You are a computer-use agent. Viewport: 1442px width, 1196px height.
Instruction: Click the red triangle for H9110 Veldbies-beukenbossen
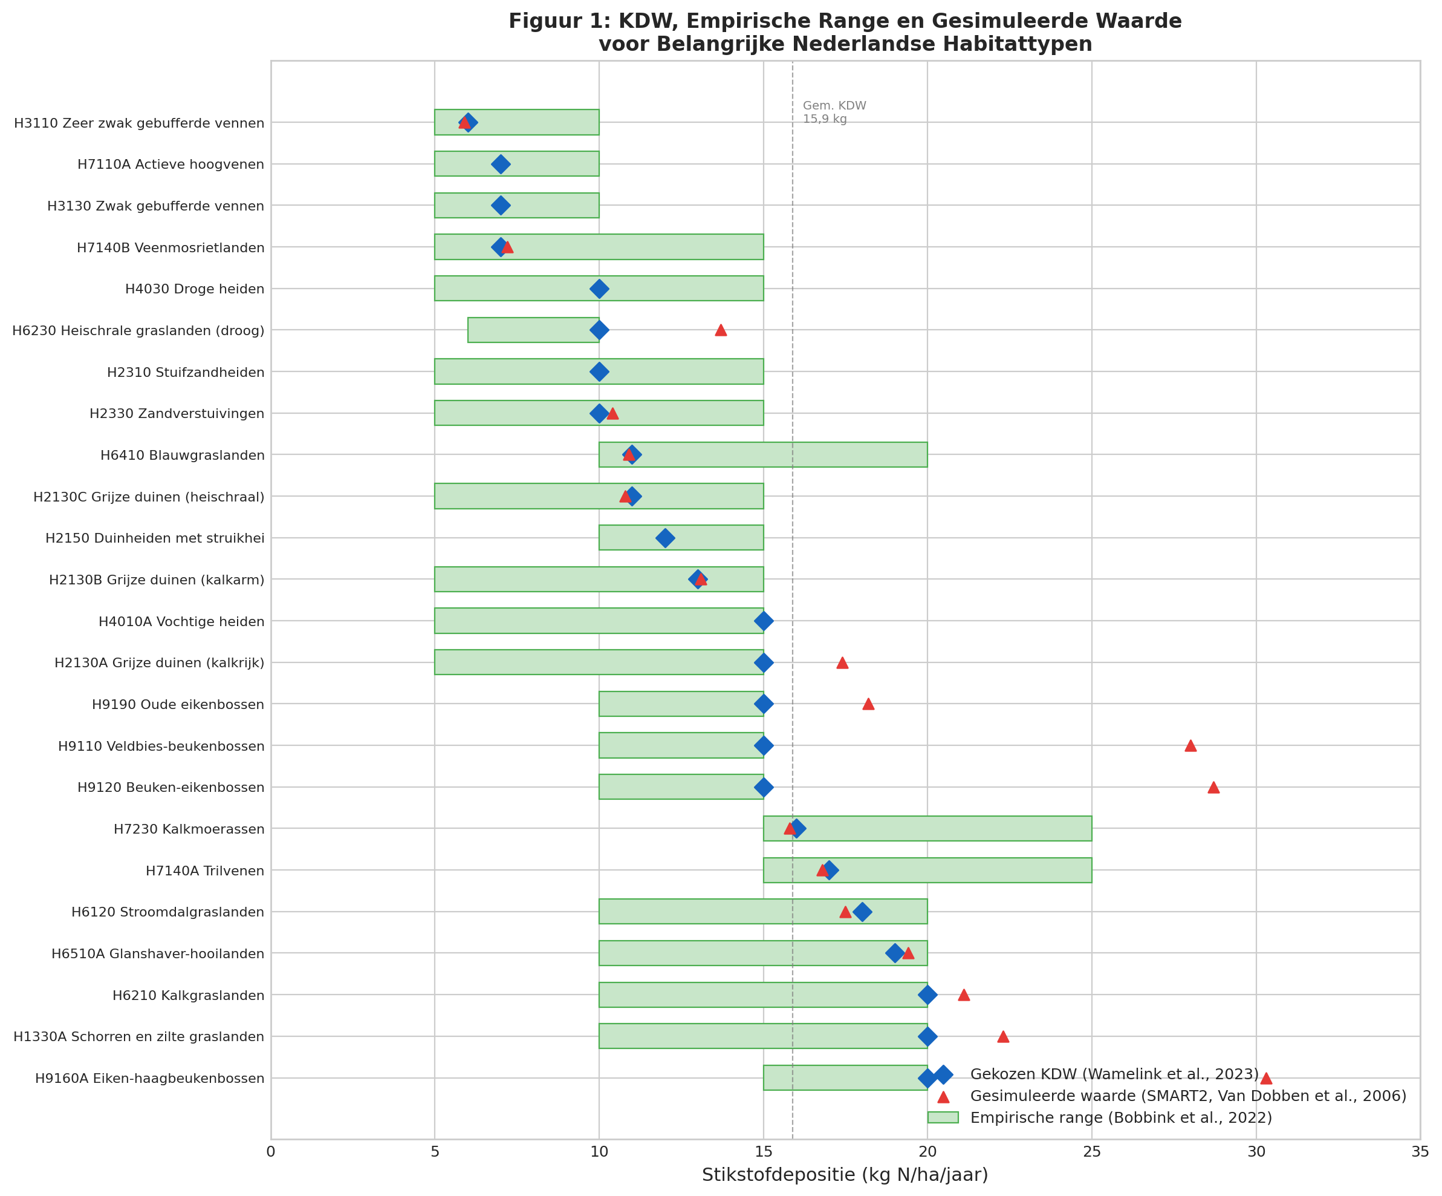(x=1190, y=745)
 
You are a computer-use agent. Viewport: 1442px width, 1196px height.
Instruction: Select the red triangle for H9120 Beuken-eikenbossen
(x=1213, y=787)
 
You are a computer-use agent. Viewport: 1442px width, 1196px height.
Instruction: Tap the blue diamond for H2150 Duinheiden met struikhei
(x=664, y=538)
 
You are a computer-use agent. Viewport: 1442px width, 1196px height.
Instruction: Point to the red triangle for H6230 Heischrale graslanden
(x=720, y=330)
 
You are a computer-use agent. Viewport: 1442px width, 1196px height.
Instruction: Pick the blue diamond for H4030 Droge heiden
(x=599, y=289)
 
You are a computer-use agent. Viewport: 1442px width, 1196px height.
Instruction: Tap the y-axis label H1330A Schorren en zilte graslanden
(x=138, y=1037)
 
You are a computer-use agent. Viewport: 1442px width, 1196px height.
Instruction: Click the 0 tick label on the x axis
(x=270, y=1151)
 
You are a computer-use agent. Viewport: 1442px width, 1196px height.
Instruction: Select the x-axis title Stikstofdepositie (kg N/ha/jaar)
(x=845, y=1175)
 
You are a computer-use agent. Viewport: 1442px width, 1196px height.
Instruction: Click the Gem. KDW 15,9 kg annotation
(x=834, y=113)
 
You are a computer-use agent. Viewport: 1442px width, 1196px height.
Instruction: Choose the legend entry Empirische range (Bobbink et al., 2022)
(x=1120, y=1118)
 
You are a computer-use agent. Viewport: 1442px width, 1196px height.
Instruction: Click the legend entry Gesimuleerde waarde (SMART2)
(x=1187, y=1096)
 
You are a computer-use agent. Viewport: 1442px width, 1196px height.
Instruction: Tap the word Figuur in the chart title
(x=542, y=21)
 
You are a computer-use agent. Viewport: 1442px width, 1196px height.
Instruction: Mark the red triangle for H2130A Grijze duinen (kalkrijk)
(x=842, y=663)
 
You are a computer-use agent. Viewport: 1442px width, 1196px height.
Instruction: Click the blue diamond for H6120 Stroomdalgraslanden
(x=862, y=912)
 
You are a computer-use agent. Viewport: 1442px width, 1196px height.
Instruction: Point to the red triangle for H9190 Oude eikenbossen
(x=868, y=704)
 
